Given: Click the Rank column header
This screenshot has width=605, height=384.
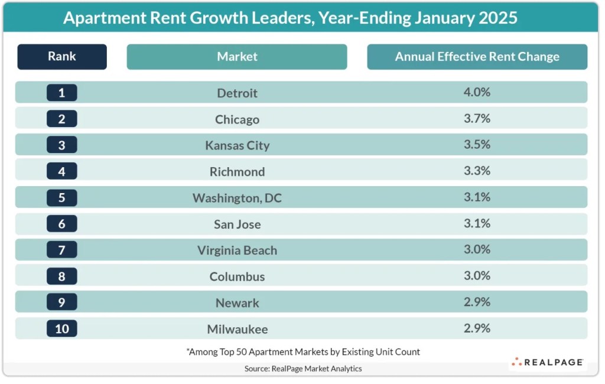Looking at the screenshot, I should point(62,57).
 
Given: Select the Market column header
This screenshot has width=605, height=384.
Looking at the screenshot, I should point(237,57).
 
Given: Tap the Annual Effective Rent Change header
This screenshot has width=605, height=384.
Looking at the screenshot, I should point(477,57).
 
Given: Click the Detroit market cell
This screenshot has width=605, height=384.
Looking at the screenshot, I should point(237,93).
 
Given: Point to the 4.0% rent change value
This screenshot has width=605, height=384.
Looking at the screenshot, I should point(477,92).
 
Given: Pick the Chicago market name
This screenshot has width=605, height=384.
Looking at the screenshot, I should point(237,119).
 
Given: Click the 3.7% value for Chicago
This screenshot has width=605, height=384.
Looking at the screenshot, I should point(477,119).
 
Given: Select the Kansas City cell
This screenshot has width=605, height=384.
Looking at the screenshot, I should point(237,145).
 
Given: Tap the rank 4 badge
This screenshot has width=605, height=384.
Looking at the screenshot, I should point(62,171).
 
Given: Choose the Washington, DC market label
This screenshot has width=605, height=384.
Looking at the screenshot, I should point(237,198).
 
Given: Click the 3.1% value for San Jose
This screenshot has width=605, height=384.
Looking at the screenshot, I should point(477,223).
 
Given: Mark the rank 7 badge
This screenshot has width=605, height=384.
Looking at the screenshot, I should point(62,250).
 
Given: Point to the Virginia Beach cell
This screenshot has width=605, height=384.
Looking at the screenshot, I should point(237,250).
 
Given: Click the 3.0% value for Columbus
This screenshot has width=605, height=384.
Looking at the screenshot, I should point(477,275).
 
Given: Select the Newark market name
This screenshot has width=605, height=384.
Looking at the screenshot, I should point(237,302).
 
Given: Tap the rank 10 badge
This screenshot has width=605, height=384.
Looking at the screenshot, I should point(62,328).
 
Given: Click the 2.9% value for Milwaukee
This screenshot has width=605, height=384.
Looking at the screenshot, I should point(477,328).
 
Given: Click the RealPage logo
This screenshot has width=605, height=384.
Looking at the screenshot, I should point(547,362).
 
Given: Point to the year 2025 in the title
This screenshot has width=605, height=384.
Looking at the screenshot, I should point(495,18).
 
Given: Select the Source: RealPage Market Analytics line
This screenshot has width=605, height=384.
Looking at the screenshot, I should point(302,369).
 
